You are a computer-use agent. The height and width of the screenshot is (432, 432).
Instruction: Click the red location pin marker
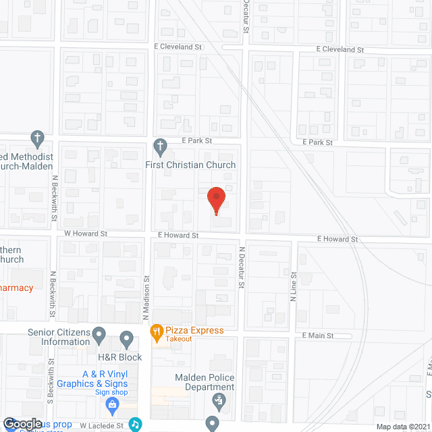coord(216,200)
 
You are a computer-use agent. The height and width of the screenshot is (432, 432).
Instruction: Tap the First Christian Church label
coord(190,165)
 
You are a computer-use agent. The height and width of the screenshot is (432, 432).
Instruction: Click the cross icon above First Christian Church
coord(160,145)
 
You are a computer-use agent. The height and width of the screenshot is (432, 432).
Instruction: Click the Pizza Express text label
coord(196,331)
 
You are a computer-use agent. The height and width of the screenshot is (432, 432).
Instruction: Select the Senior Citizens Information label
coord(59,337)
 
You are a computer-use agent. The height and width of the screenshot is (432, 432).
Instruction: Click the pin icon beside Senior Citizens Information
coord(99,334)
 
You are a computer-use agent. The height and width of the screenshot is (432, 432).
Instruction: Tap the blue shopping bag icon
coord(113,405)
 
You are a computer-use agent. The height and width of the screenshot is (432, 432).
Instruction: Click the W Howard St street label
coord(86,234)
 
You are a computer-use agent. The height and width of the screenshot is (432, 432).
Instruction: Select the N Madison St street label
coord(145,297)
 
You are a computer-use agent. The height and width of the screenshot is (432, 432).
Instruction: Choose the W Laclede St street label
coord(103,426)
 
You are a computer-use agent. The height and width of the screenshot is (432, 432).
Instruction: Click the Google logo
coord(22,423)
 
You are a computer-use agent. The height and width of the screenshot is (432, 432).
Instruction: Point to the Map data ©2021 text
coord(402,427)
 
